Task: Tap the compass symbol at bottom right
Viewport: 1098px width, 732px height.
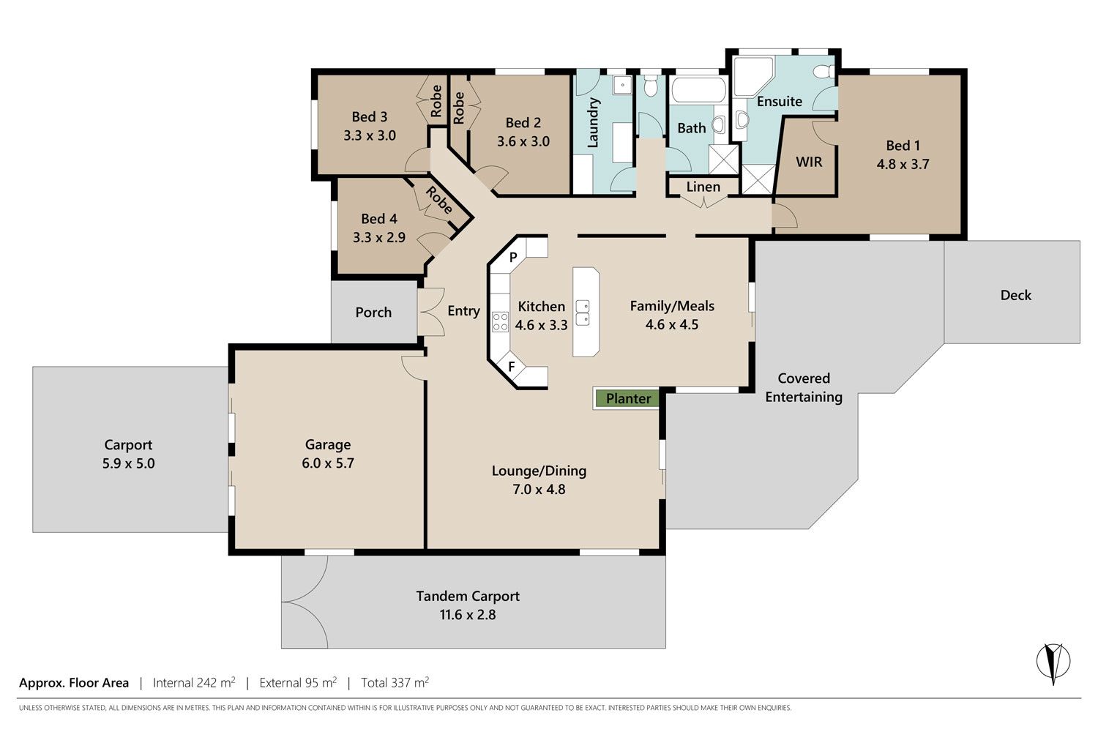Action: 1053,662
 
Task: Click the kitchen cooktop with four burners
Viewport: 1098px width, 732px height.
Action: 501,321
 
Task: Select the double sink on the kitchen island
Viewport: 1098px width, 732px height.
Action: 583,313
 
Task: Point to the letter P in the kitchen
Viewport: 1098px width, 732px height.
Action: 513,257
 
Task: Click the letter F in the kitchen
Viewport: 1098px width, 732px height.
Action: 512,366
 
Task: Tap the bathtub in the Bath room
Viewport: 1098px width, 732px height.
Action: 698,90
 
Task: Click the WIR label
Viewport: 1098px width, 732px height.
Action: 809,162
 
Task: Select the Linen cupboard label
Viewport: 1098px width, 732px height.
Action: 703,187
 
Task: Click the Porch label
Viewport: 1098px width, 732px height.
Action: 373,313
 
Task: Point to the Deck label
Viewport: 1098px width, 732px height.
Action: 1016,295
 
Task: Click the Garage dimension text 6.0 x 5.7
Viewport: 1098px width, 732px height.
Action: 328,463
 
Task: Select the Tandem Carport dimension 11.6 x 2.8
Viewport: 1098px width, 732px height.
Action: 468,615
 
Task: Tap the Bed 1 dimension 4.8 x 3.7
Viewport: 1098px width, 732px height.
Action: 903,164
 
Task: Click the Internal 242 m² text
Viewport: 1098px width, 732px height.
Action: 194,682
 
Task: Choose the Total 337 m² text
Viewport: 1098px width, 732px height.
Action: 395,682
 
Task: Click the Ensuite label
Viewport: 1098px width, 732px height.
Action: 780,102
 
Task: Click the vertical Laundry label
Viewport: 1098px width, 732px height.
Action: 593,122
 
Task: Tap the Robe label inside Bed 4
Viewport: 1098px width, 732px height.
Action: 439,200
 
